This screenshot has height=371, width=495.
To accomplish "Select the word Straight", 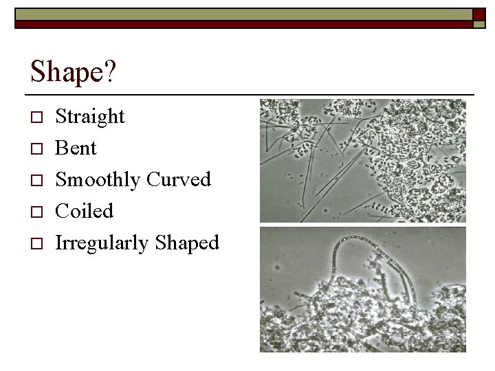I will [x=90, y=117].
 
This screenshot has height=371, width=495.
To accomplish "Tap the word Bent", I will [x=76, y=148].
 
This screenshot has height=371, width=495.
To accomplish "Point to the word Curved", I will [x=179, y=180].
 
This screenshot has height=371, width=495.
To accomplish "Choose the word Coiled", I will [x=84, y=211].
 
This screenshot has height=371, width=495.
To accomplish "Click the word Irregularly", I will [x=102, y=243].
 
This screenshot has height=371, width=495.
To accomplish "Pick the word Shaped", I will [x=187, y=243].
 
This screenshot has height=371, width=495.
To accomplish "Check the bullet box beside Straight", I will [x=37, y=117].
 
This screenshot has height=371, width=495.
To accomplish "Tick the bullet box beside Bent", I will [x=37, y=149].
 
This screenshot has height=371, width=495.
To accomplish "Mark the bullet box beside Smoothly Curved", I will [x=37, y=181].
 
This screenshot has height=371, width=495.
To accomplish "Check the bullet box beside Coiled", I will [x=37, y=212].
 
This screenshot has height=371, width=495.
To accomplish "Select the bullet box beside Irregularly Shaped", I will [x=37, y=243].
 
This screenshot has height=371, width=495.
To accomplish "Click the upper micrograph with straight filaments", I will [x=362, y=160].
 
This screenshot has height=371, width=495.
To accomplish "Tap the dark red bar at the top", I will [x=241, y=24].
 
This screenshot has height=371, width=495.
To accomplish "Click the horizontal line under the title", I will [x=252, y=93].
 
